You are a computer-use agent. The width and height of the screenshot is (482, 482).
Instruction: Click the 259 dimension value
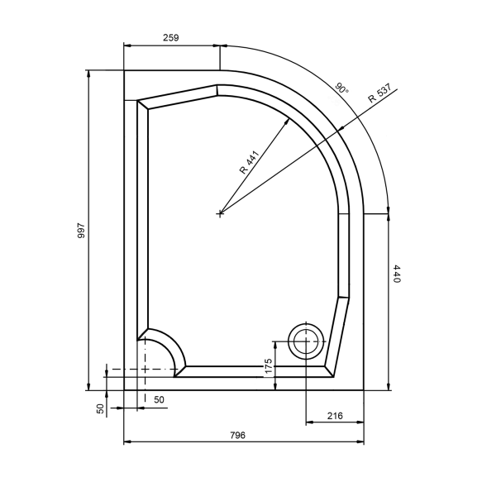[170, 38]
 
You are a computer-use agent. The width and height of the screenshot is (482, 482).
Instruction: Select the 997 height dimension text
[81, 231]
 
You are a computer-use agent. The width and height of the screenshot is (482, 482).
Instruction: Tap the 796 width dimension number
[238, 435]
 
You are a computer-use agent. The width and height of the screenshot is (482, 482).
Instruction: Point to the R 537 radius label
[379, 93]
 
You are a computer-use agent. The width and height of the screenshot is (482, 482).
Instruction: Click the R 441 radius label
[250, 163]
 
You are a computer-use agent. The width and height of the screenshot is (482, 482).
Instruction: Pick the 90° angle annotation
[341, 88]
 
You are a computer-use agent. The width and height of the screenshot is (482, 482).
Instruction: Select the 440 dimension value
[397, 274]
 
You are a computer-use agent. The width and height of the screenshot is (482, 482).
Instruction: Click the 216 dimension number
[335, 416]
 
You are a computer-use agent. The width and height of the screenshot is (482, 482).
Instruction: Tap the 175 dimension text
[269, 366]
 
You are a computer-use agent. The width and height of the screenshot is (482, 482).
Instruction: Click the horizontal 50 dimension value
[159, 399]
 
